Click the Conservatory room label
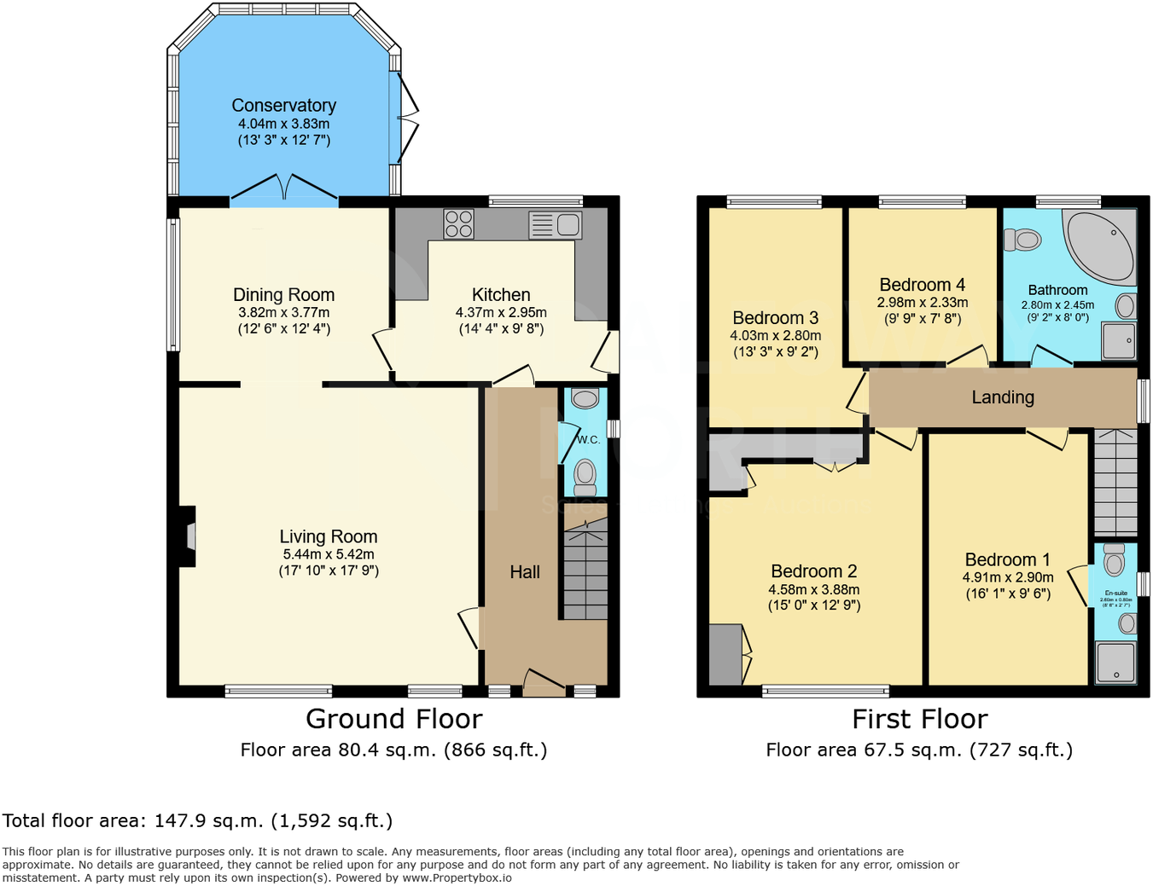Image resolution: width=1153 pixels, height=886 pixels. click(x=283, y=106)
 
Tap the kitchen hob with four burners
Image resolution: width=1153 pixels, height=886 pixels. click(x=458, y=224)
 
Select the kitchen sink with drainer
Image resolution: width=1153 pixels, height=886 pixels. click(x=556, y=225)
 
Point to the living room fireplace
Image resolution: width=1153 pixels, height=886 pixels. click(x=187, y=536)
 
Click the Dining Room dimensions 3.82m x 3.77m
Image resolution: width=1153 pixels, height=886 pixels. click(x=283, y=313)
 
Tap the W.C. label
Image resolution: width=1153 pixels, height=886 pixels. click(x=588, y=440)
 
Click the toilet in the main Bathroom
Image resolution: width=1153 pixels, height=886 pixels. click(x=1022, y=240)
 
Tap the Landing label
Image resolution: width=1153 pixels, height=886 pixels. click(x=1003, y=397)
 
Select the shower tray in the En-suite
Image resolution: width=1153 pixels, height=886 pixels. click(x=1115, y=663)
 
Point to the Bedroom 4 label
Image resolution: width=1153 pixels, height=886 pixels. click(x=922, y=285)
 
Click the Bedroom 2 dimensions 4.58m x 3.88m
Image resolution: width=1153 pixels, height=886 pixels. click(x=813, y=589)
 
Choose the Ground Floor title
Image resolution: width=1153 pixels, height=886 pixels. click(x=393, y=719)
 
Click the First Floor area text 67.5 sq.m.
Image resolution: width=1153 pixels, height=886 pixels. click(x=919, y=750)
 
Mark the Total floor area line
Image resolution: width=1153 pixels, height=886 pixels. click(x=197, y=820)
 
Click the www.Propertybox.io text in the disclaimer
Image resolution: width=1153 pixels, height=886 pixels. click(x=457, y=877)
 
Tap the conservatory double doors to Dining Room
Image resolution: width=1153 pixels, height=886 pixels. click(x=284, y=189)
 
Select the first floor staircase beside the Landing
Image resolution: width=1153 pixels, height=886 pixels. click(x=1115, y=483)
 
